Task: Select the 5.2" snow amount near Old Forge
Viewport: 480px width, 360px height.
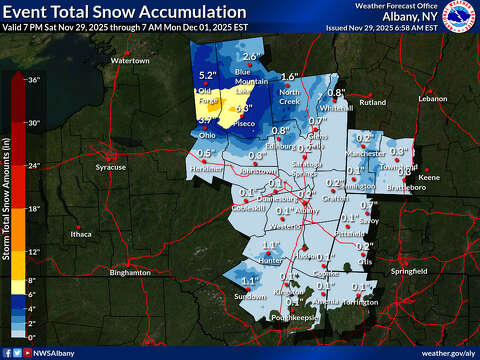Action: pos(207,76)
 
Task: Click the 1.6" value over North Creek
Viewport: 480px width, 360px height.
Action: pos(289,77)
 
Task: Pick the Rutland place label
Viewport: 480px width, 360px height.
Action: pos(372,102)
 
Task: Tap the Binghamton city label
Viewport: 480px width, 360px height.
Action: pos(130,272)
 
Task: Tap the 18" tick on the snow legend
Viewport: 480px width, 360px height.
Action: pos(33,208)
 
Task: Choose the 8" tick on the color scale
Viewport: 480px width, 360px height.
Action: pos(33,280)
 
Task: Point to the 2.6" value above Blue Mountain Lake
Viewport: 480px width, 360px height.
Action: pos(250,56)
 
